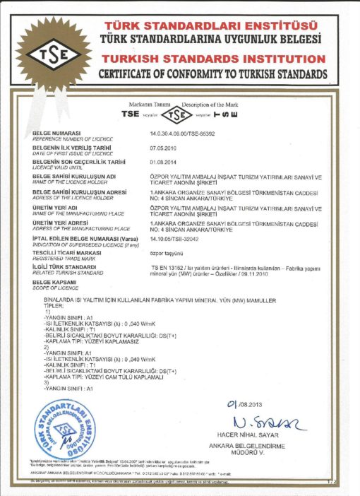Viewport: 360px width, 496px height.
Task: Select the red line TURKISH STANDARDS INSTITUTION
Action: (x=212, y=58)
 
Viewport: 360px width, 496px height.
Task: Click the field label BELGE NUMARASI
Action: (x=57, y=132)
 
